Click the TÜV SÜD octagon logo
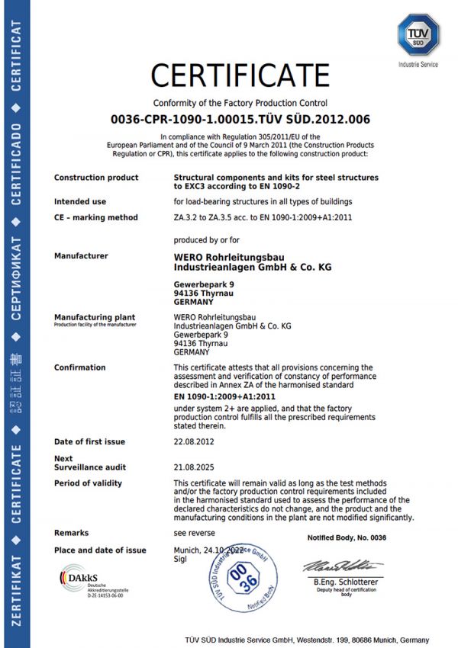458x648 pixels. click(x=418, y=35)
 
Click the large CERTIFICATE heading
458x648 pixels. click(x=240, y=75)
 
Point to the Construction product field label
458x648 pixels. click(x=96, y=178)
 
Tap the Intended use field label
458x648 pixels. click(x=80, y=201)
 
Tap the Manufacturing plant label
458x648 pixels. click(x=95, y=316)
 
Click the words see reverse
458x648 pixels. click(x=194, y=533)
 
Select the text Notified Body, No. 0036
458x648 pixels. click(x=347, y=538)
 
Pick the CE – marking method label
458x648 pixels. click(x=96, y=217)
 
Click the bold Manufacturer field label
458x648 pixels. click(x=81, y=256)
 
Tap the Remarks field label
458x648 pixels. click(x=71, y=533)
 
